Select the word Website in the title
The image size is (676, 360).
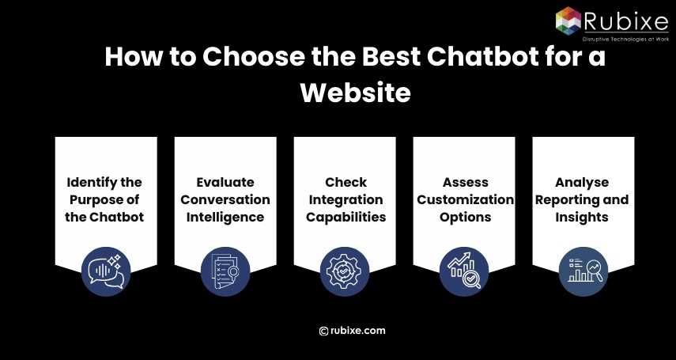point(355,93)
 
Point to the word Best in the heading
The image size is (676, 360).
point(364,58)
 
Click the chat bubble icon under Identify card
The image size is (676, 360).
point(106,271)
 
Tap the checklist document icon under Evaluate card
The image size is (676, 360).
point(225,271)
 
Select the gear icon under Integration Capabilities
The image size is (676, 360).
point(345,271)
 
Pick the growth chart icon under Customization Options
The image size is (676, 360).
point(464,271)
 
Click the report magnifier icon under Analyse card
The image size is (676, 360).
point(583,271)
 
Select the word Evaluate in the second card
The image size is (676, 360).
point(225,183)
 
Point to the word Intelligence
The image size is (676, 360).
point(225,217)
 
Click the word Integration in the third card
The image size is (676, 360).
point(346,199)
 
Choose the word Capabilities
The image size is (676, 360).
point(346,217)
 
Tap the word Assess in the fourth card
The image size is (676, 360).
point(465,183)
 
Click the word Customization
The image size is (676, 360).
point(465,199)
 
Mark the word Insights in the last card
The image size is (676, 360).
point(583,217)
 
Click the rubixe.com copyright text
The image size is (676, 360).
point(353,331)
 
